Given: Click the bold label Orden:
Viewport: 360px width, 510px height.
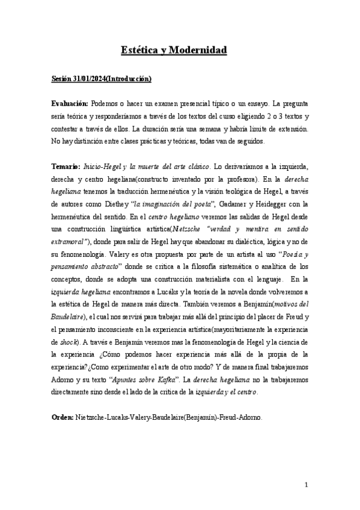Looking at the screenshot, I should (61, 417).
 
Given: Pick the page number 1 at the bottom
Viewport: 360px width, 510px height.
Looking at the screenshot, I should (307, 485).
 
